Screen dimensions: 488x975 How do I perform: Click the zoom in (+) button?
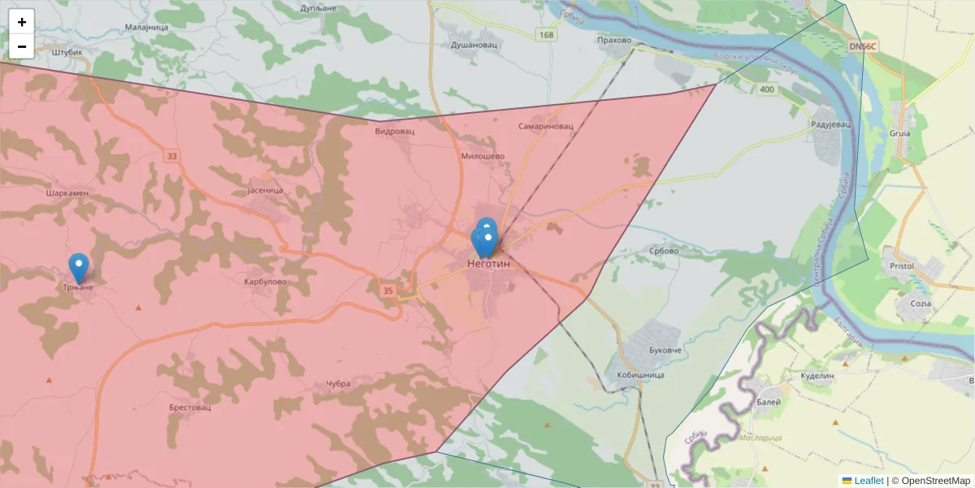[22, 22]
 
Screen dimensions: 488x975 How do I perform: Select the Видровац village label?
[396, 131]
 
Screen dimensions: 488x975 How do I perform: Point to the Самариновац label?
[546, 127]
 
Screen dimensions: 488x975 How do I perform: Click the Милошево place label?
[483, 156]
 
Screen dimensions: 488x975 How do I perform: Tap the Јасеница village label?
[264, 190]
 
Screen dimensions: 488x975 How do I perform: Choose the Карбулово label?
[266, 281]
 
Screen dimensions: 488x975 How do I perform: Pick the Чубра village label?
[337, 383]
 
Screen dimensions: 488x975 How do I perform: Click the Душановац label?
[474, 46]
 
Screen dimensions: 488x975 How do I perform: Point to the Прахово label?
[613, 40]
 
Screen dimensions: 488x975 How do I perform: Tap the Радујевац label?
[830, 124]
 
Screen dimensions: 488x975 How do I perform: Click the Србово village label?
[664, 251]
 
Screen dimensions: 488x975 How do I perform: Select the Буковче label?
[665, 350]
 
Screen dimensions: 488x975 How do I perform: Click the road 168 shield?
[546, 34]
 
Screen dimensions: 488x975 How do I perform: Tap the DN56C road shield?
[862, 46]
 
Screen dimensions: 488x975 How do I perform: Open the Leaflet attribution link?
[869, 481]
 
